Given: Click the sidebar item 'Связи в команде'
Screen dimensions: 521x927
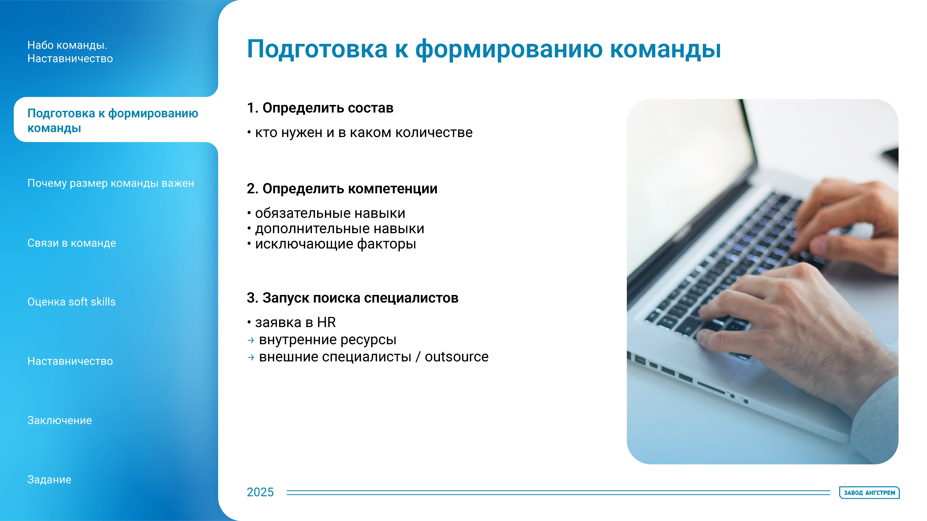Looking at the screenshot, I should click(x=72, y=243).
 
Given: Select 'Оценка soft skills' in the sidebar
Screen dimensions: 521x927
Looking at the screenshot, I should click(x=71, y=302).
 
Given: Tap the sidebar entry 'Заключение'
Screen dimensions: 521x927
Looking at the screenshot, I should click(x=59, y=420).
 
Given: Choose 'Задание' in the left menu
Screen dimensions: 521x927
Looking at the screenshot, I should click(x=49, y=480).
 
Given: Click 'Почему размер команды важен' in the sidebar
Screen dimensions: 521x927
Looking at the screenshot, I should click(x=110, y=183).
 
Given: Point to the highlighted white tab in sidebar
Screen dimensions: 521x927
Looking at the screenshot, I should click(x=113, y=120).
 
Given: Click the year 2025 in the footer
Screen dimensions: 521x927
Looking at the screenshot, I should click(x=260, y=492).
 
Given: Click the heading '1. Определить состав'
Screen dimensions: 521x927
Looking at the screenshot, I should click(x=320, y=108).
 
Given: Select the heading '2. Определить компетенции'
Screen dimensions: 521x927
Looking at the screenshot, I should click(x=342, y=189).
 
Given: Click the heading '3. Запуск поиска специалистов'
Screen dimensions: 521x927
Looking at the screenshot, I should click(x=352, y=298).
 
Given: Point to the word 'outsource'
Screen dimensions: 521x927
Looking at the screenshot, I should click(x=456, y=357).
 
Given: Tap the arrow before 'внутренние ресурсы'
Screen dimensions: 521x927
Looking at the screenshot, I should click(x=251, y=340).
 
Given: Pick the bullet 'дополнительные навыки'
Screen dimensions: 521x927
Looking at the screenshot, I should click(x=339, y=229).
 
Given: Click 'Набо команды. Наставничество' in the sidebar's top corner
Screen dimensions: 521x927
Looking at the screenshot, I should click(x=70, y=52).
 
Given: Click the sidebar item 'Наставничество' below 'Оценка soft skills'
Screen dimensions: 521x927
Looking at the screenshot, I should click(x=70, y=361).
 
